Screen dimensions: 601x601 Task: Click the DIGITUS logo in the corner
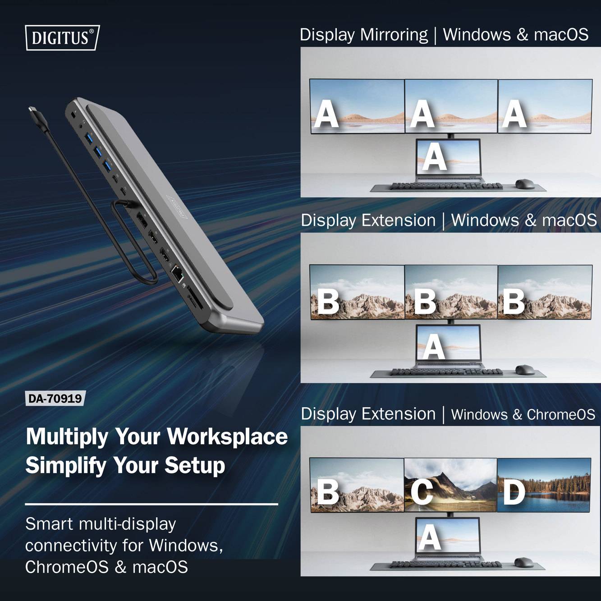tap(62, 37)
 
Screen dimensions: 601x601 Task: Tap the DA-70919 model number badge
tap(55, 399)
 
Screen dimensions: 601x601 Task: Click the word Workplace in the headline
tap(227, 436)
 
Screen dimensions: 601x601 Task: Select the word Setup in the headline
tap(195, 465)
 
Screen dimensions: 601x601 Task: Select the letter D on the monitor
tap(514, 492)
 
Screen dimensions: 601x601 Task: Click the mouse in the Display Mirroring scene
tap(524, 184)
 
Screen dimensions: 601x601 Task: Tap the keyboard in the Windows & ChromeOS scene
tap(446, 564)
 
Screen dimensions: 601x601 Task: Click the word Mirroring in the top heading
tap(394, 35)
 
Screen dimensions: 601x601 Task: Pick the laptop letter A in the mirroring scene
tap(434, 156)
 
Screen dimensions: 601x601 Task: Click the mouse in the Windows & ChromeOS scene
tap(523, 562)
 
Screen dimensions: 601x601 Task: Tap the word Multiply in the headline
tap(67, 436)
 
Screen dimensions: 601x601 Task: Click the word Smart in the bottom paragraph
tap(49, 524)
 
